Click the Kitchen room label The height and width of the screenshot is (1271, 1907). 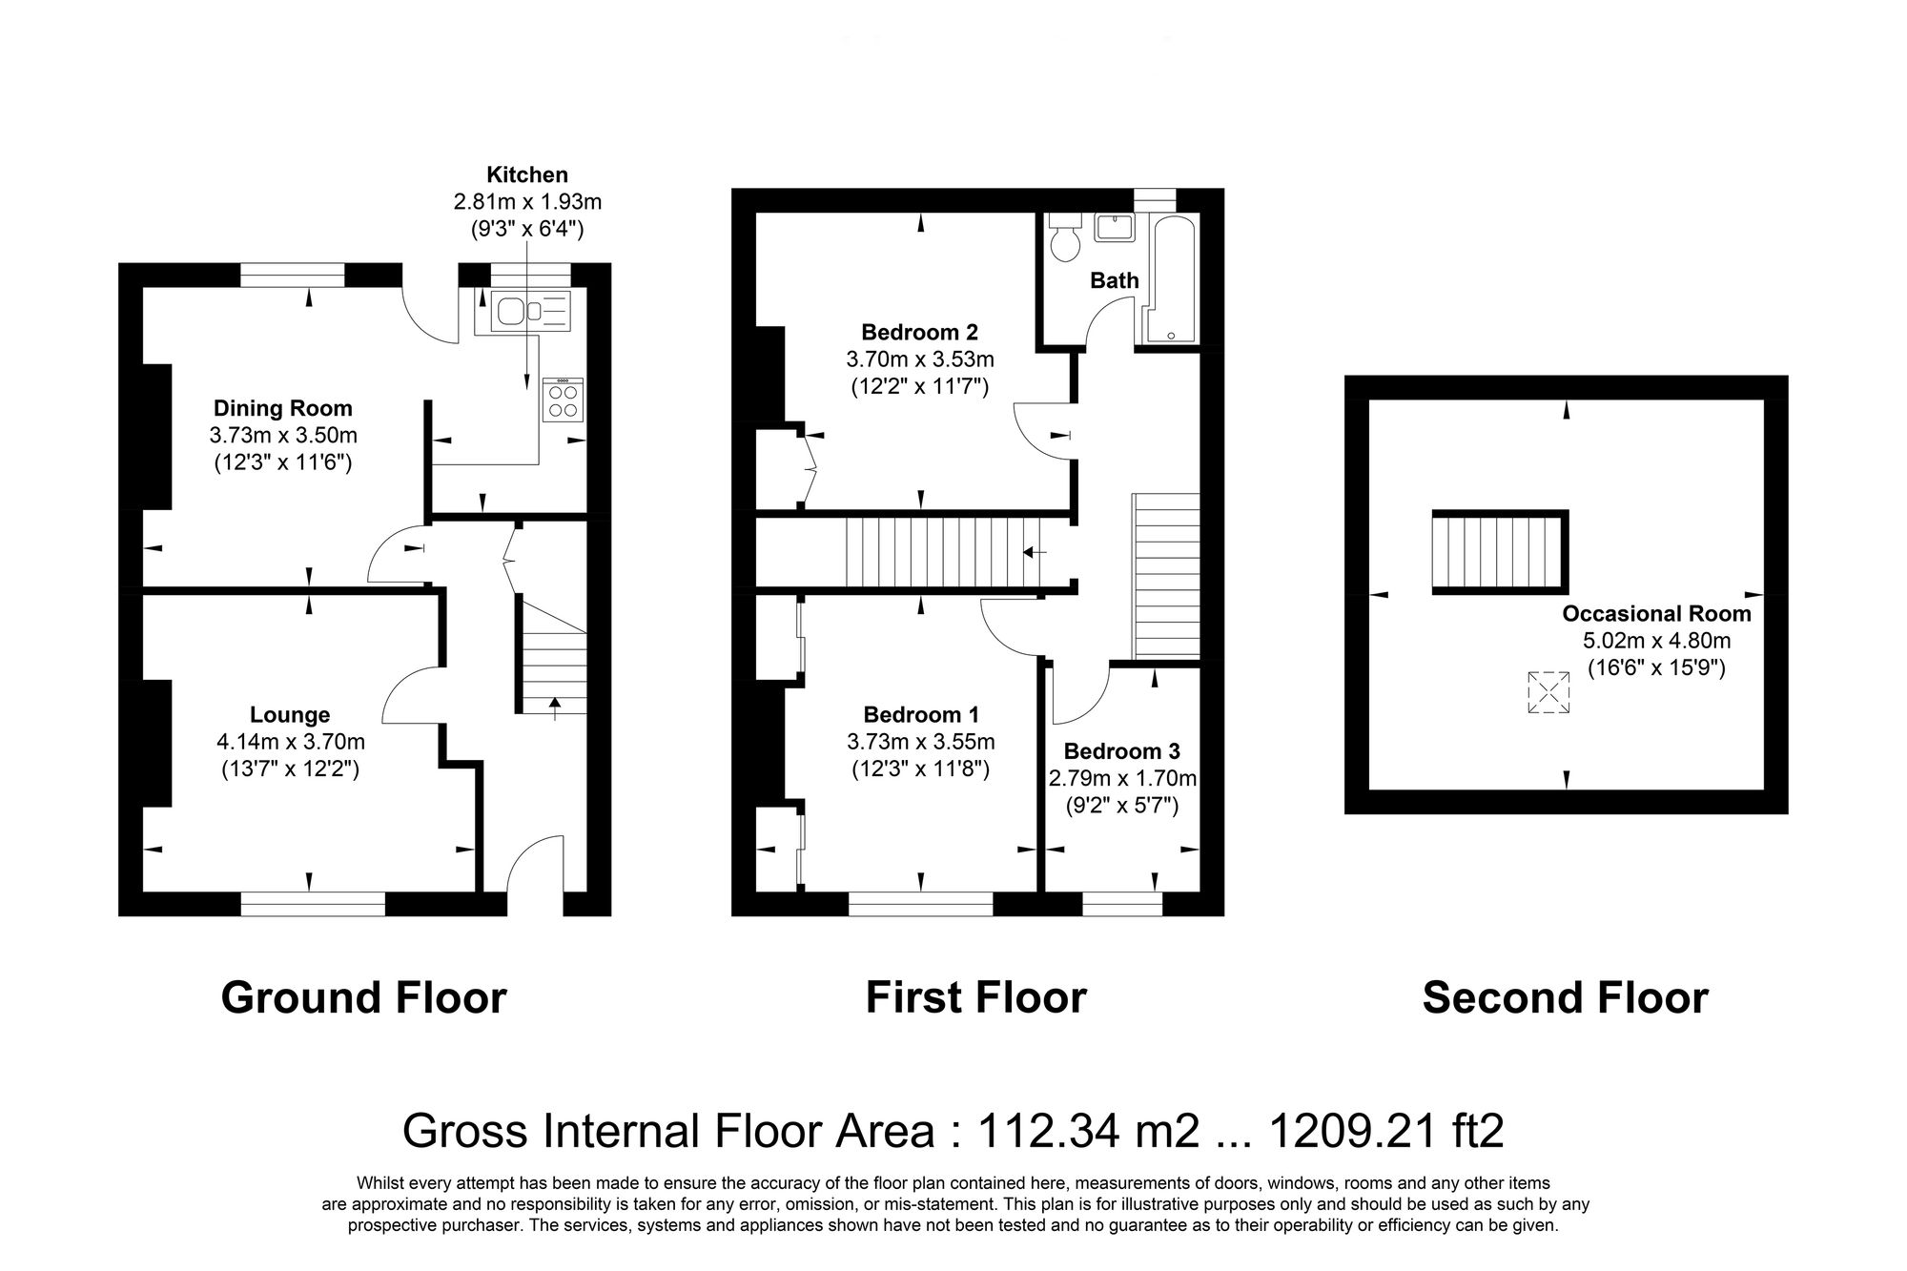tap(527, 174)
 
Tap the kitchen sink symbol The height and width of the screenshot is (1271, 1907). tap(530, 311)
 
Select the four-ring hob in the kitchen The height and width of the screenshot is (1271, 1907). tap(563, 400)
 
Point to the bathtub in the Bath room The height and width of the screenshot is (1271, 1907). tap(1169, 278)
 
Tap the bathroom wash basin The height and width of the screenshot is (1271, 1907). tap(1113, 228)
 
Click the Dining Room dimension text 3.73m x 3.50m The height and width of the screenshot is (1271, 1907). tap(283, 436)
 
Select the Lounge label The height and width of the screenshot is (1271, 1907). tap(290, 714)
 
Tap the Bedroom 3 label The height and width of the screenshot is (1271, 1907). tap(1121, 750)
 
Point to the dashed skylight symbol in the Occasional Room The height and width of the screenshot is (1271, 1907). tap(1548, 692)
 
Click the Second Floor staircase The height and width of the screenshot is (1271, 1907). tap(1499, 552)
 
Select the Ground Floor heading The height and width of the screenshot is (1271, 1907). tap(363, 998)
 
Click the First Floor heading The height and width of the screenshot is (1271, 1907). tap(975, 998)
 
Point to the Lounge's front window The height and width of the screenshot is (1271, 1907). tap(313, 903)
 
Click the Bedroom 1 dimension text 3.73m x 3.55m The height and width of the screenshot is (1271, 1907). tap(920, 742)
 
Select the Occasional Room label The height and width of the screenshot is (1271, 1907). tap(1656, 614)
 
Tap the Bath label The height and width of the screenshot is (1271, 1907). tap(1114, 280)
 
